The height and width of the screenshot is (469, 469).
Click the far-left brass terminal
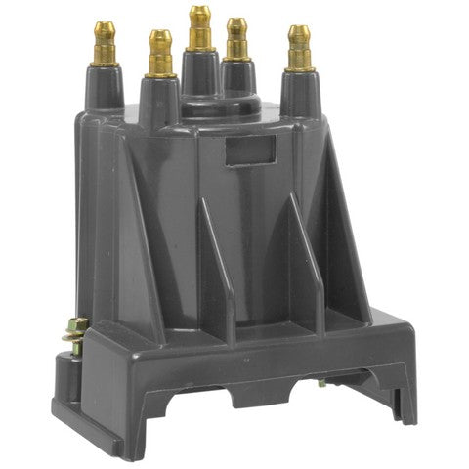pos(103,44)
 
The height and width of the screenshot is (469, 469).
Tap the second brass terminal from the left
pos(160,53)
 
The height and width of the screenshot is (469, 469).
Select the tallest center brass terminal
pos(200,28)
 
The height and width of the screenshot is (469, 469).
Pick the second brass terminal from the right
pos(237,40)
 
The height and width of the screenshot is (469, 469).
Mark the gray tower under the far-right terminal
pos(301,93)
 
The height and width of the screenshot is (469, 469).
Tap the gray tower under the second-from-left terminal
pos(159,100)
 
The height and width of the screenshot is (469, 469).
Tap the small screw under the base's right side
pos(322,382)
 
